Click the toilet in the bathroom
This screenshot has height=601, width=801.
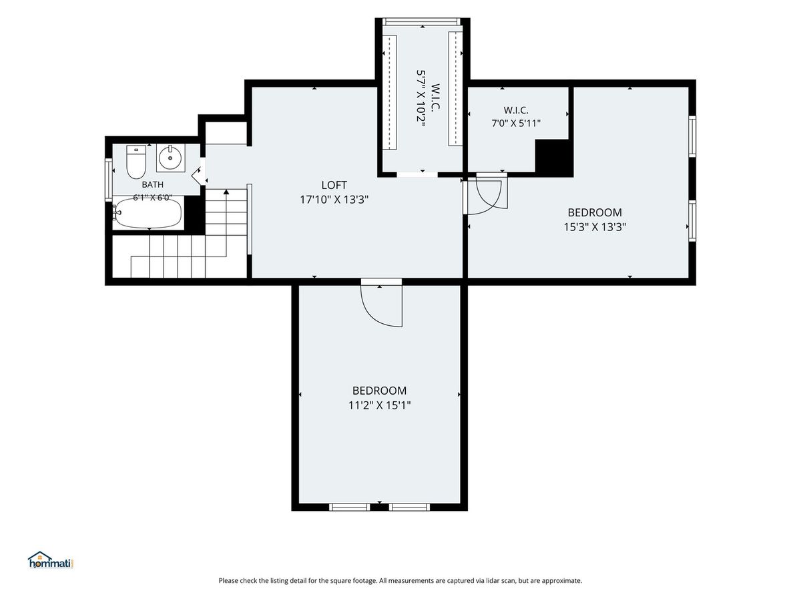point(136,162)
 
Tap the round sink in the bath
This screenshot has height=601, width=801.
point(170,158)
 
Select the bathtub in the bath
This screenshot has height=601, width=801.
point(148,213)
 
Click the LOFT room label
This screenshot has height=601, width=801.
point(334,185)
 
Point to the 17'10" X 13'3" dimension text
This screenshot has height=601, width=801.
point(334,200)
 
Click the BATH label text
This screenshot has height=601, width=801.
point(153,185)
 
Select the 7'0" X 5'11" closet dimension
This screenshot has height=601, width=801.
point(516,124)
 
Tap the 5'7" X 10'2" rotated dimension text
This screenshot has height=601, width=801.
point(421,97)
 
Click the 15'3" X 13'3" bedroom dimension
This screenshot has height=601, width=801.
point(595,227)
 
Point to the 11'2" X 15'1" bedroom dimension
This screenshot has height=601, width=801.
point(380,405)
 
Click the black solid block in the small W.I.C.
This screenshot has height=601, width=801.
point(553,158)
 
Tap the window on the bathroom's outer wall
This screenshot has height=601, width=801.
point(108,180)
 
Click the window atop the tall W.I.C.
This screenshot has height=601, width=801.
point(423,21)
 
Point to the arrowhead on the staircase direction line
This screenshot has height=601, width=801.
point(226,192)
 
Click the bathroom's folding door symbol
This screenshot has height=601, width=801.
point(198,176)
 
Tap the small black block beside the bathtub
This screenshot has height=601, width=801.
point(194,213)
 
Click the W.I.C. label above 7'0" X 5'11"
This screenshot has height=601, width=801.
point(516,110)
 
